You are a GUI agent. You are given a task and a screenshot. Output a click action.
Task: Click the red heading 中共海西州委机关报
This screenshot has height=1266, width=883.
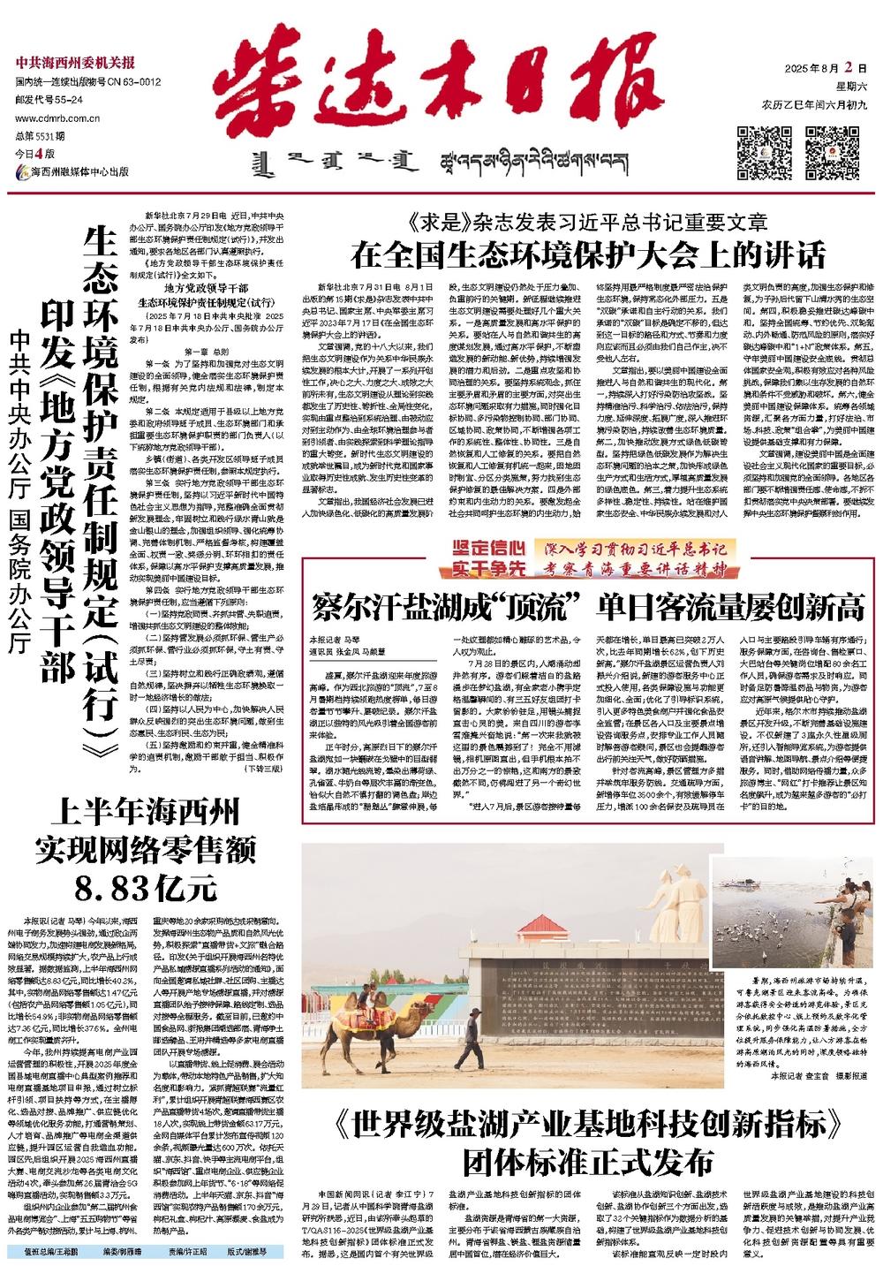click(75, 62)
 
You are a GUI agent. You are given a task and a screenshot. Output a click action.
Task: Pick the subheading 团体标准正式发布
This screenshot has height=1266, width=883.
click(588, 1159)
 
